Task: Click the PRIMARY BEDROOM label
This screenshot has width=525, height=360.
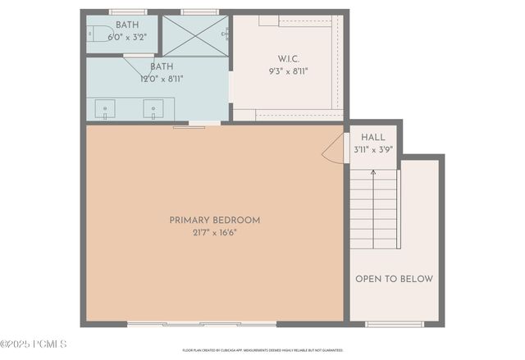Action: point(215,220)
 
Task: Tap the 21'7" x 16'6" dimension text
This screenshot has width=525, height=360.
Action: point(215,232)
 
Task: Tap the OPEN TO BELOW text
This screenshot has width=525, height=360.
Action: point(394,279)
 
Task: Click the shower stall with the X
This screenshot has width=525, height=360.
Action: point(195,35)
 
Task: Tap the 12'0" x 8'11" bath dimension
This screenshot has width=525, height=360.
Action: point(162,80)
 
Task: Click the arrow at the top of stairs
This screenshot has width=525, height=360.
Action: point(374,173)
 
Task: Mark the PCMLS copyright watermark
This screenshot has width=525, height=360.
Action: point(34,344)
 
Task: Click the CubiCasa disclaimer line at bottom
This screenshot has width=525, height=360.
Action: point(262,350)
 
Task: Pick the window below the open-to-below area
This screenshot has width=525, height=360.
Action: point(395,324)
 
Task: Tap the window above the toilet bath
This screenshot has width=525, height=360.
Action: point(128,11)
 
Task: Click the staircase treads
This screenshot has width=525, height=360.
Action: point(374,213)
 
